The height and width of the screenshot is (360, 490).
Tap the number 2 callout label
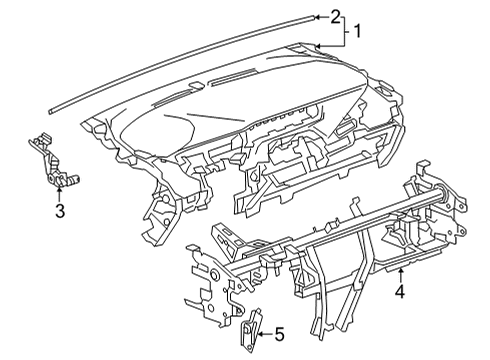point(335,16)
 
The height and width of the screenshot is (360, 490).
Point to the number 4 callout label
point(399,293)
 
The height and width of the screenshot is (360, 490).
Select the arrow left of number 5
point(262,334)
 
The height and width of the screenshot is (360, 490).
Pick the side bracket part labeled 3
point(47,160)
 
